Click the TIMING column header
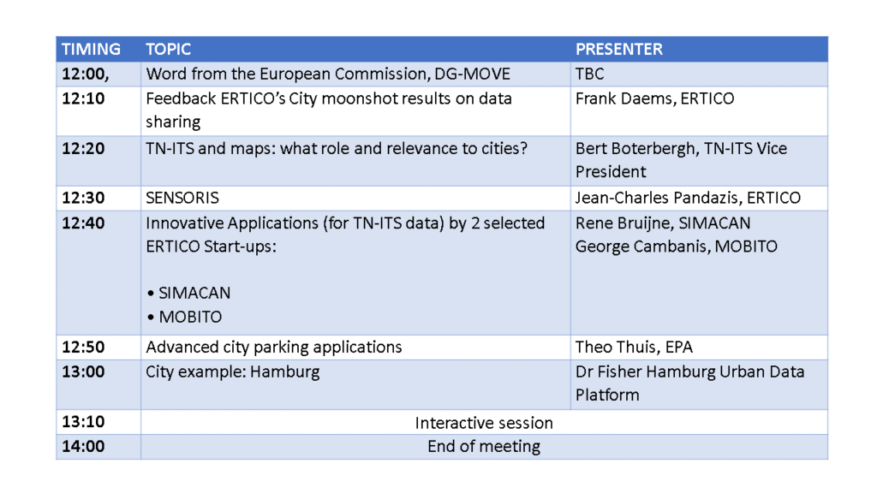tap(91, 49)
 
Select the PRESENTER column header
tap(619, 49)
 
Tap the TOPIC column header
tap(169, 49)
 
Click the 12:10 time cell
tap(83, 98)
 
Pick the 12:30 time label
tap(83, 198)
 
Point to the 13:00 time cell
tap(83, 371)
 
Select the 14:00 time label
tap(83, 446)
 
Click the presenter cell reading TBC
tap(590, 74)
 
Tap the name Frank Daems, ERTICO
tap(655, 98)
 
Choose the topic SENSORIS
tap(182, 198)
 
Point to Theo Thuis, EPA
tap(635, 347)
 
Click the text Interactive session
tap(484, 423)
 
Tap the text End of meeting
tap(484, 447)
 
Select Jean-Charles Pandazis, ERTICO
tap(688, 198)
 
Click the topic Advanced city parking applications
tap(274, 347)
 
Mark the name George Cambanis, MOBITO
tap(677, 246)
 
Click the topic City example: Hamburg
tap(233, 372)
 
